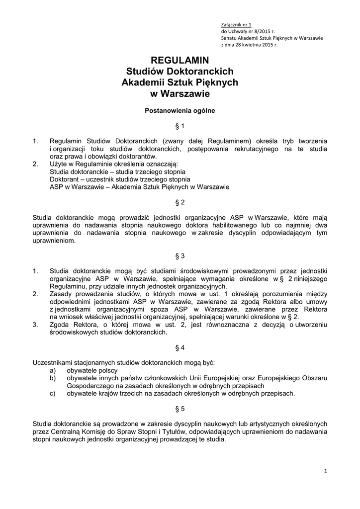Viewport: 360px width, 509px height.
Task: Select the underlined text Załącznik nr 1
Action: click(237, 24)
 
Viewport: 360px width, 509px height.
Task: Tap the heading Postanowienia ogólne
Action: click(180, 111)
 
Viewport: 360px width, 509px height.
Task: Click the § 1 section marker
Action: click(180, 126)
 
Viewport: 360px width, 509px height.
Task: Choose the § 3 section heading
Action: click(180, 256)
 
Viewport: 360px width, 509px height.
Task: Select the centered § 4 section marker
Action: click(180, 347)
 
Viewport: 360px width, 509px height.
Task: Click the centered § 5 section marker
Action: click(180, 409)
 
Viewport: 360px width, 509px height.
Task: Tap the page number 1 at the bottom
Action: click(326, 472)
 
